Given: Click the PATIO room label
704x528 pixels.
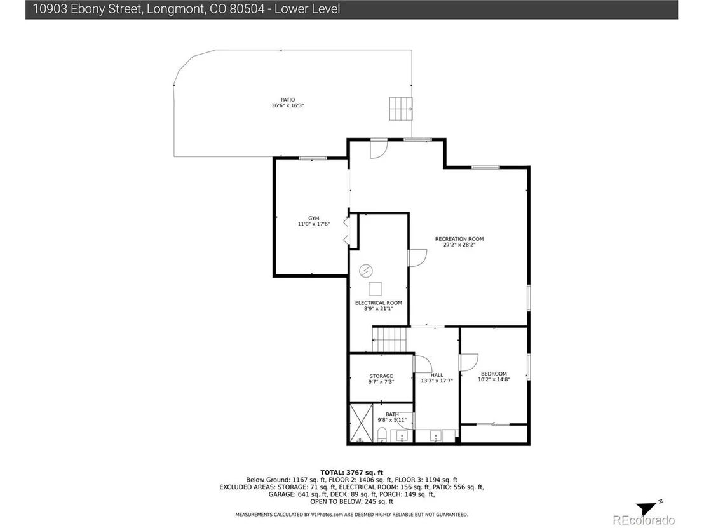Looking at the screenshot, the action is tap(288, 100).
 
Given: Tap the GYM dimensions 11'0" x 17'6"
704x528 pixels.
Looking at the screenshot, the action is tap(314, 224).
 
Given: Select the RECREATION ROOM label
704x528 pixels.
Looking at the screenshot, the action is tap(459, 239).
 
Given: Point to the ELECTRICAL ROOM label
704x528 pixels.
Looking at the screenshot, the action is tap(379, 303).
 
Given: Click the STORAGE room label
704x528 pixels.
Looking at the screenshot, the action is tap(381, 376).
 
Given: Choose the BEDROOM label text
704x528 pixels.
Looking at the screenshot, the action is tap(494, 374).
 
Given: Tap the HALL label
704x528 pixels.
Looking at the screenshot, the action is tap(437, 375).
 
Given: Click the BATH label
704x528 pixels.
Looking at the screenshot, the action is tap(392, 414).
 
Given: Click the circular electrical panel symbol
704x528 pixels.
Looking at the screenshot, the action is tap(366, 271).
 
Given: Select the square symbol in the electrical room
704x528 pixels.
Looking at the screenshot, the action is tap(376, 288).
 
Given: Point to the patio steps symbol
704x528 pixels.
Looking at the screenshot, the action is tap(400, 109).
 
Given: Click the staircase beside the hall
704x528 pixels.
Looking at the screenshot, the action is tap(389, 340).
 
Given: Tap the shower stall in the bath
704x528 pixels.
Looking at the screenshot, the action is tap(362, 423).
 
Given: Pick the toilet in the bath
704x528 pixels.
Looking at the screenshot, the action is tap(382, 435).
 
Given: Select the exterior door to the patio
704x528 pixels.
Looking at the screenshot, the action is tap(379, 149).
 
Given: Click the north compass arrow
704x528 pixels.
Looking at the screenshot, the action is tap(649, 508).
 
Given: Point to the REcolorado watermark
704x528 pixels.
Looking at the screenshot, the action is tap(644, 520).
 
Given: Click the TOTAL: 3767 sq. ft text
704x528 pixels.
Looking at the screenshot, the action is tap(351, 472).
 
